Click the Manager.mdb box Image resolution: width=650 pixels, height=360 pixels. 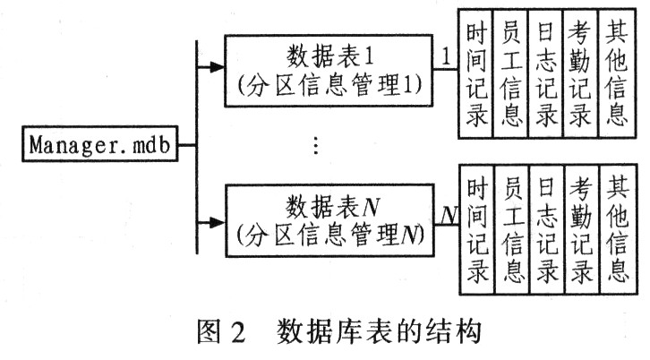[x=100, y=144]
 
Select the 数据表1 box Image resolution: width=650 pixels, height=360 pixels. [x=329, y=71]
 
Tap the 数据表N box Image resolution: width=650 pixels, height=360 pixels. [x=330, y=220]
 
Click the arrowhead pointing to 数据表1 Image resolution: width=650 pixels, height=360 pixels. [x=217, y=67]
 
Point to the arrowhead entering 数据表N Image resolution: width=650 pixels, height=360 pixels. [x=217, y=223]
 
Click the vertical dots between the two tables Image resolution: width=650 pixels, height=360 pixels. [x=316, y=146]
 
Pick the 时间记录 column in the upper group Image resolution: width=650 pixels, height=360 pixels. [x=475, y=73]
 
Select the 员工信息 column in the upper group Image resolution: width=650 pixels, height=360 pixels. [x=510, y=73]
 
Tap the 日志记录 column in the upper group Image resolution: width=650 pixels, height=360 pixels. [x=546, y=73]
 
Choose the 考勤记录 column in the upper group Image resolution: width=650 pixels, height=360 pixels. [x=581, y=73]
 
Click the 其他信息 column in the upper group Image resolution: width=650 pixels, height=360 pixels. [x=617, y=73]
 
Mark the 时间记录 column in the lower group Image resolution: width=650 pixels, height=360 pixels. [x=476, y=229]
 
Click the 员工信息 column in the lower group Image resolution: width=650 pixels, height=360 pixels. [x=512, y=229]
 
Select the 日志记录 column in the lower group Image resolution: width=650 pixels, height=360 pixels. [x=547, y=229]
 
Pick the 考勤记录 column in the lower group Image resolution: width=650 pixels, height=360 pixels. [x=582, y=229]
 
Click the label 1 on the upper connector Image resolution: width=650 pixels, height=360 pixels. [x=446, y=56]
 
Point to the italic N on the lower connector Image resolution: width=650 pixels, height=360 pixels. [x=449, y=215]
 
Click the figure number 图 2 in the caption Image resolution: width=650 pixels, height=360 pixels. [x=221, y=332]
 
